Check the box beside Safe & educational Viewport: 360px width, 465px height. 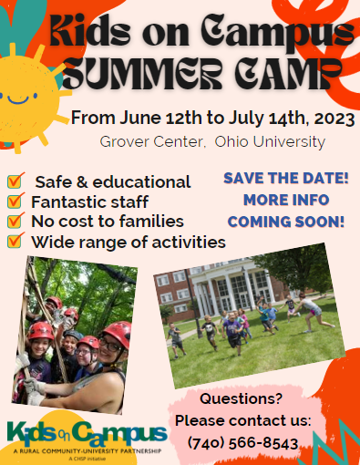coord(15,181)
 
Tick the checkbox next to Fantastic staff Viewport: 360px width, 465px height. coord(15,201)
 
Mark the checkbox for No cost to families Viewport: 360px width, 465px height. coord(15,221)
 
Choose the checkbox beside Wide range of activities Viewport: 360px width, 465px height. coord(15,241)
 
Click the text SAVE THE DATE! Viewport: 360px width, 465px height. coord(286,178)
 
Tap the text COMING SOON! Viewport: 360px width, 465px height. coord(286,221)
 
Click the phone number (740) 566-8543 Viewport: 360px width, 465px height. coord(243,442)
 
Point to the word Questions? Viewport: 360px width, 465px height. coord(241,398)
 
